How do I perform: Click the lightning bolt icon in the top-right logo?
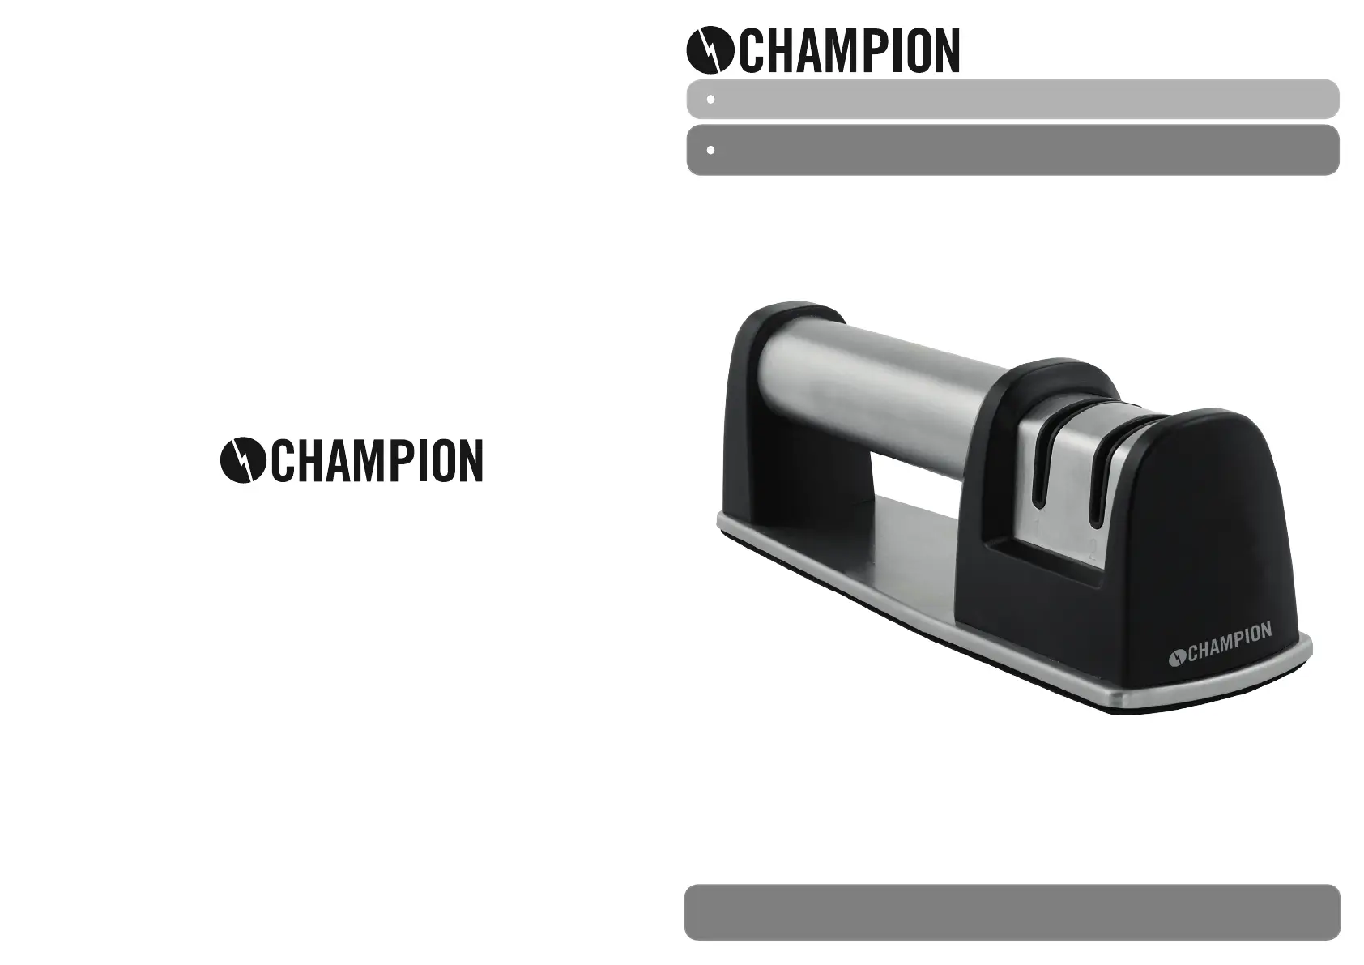coord(710,50)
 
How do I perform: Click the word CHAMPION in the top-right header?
coord(850,50)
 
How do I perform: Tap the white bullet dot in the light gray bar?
coord(710,100)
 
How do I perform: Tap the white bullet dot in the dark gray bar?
coord(710,150)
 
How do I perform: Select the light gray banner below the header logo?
coord(1012,99)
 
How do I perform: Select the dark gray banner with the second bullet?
coord(1012,150)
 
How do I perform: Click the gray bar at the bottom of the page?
coord(1012,912)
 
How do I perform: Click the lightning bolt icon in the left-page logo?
coord(243,460)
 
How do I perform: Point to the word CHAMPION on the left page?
coord(377,460)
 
